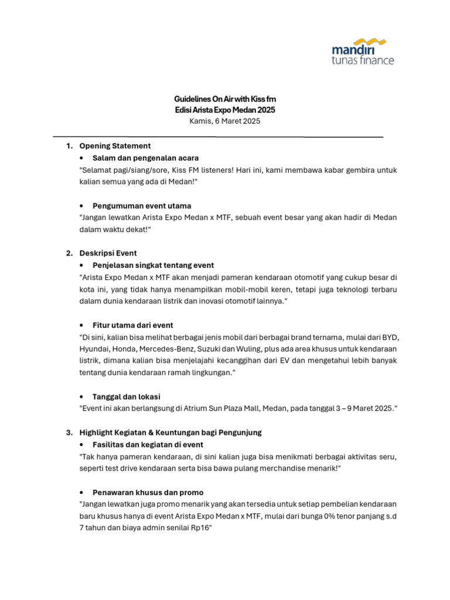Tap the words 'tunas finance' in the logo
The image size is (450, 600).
click(363, 60)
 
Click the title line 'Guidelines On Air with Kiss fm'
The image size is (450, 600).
click(224, 99)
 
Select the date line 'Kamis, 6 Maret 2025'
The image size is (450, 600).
click(224, 121)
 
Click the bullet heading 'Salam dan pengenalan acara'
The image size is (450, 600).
click(145, 158)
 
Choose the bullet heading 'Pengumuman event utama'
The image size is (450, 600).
click(141, 206)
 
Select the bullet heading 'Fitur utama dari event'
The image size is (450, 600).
click(132, 325)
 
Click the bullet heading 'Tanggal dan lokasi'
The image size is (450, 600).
click(126, 397)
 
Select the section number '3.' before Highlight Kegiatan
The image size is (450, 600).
click(69, 432)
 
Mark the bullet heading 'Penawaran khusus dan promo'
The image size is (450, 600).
click(148, 492)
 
